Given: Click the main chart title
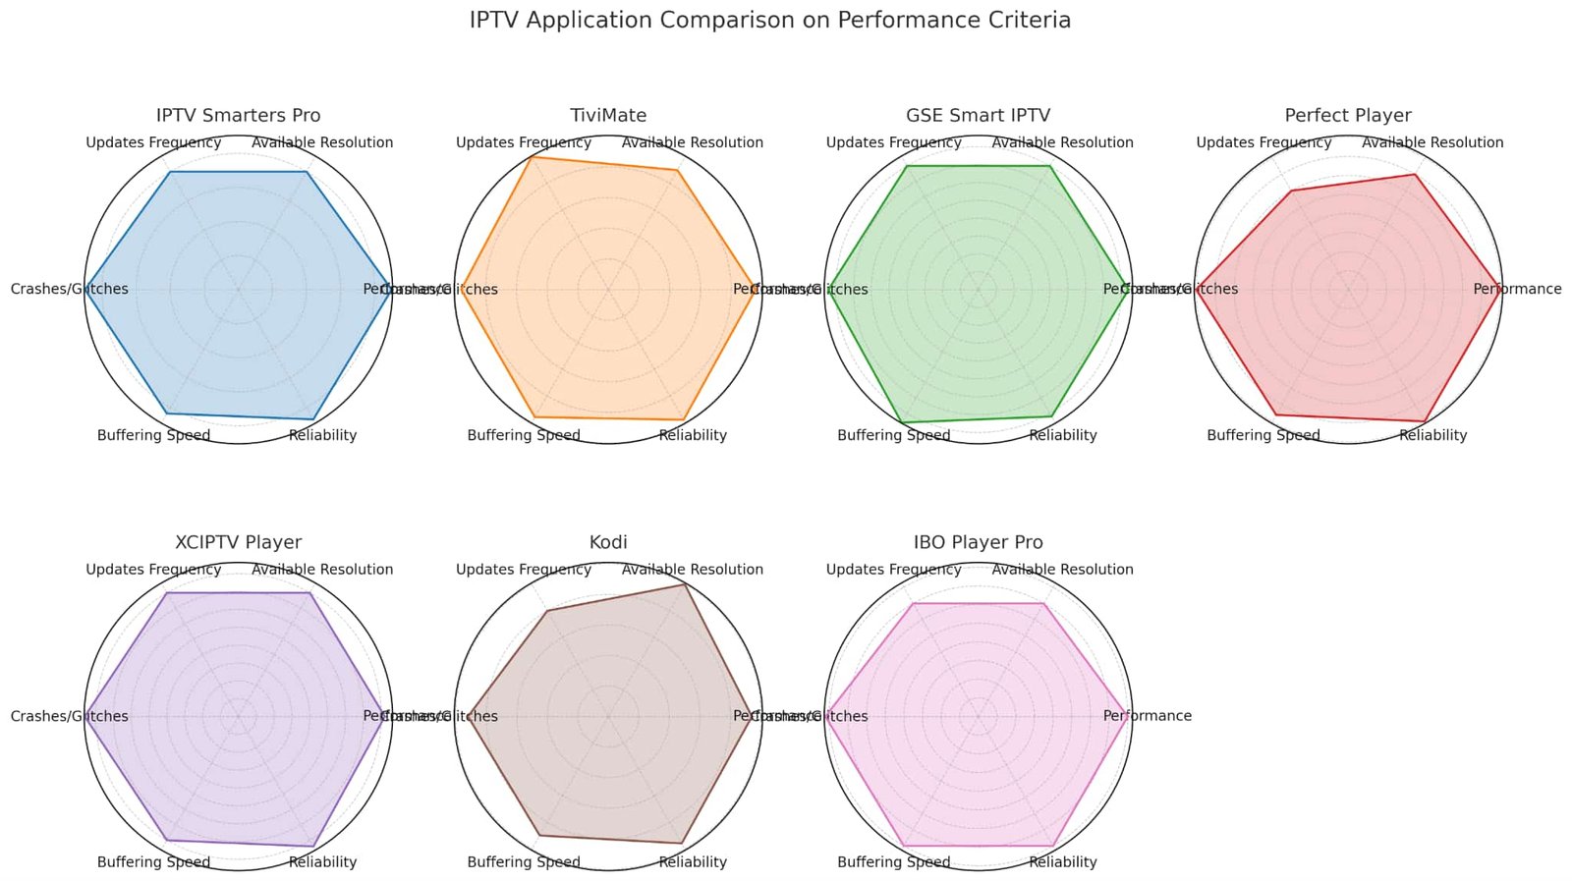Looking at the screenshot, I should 770,21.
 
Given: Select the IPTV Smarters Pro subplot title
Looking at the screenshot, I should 238,116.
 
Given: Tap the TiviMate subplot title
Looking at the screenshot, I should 608,116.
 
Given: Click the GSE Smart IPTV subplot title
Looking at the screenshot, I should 978,116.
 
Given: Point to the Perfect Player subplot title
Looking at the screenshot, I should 1348,116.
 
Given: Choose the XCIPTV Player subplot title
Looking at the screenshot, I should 238,542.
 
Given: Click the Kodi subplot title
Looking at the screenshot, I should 608,542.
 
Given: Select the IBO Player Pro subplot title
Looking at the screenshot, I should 978,542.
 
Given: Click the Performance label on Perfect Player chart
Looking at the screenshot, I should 1517,289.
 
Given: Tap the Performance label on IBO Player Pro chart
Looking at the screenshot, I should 1147,716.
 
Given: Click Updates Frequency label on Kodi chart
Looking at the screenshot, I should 524,570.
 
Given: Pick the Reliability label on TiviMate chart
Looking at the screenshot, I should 693,435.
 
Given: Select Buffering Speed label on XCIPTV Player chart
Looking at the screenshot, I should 153,862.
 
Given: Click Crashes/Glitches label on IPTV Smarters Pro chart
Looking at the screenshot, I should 69,289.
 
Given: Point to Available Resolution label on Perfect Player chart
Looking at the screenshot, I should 1432,142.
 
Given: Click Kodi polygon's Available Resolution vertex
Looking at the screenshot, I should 684,584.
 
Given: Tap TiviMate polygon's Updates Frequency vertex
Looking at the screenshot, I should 532,157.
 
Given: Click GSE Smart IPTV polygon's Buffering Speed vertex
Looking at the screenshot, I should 902,422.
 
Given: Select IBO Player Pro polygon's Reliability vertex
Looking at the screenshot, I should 1053,846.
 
